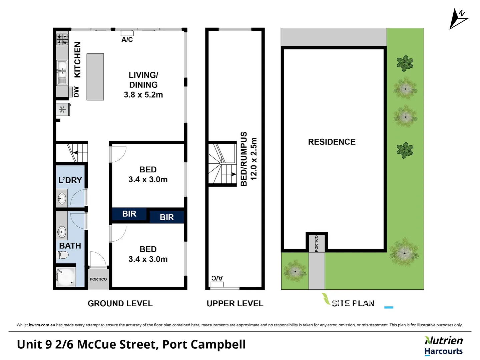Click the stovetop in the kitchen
point(62,39)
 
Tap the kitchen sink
point(62,72)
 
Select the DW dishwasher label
point(76,92)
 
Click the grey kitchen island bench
point(95,77)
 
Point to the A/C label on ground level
point(127,40)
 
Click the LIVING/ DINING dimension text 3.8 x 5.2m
point(143,95)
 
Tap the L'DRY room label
point(70,180)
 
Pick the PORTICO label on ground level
point(98,279)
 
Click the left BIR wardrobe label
point(129,214)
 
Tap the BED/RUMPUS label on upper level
point(244,159)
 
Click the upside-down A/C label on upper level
point(217,278)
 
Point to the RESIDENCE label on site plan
point(332,142)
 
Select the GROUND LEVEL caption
point(120,304)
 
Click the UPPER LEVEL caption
point(235,304)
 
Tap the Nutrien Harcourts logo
point(443,346)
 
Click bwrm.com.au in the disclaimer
point(42,325)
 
